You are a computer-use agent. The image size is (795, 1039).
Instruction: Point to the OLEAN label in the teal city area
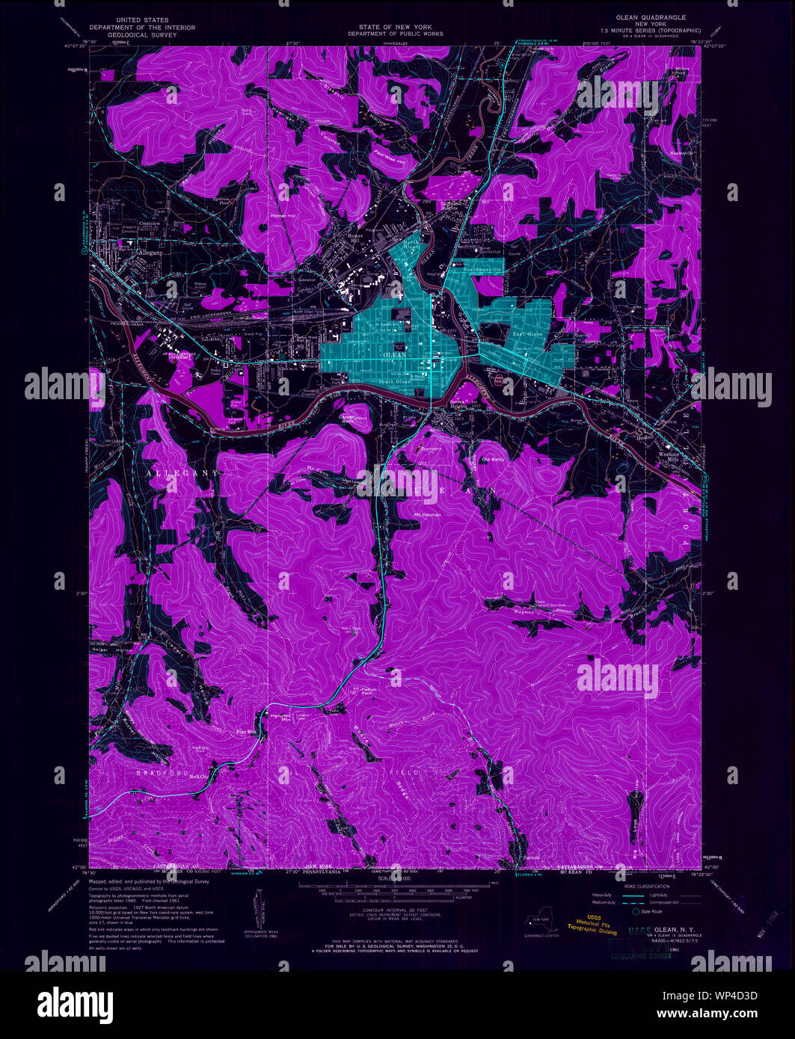click(394, 355)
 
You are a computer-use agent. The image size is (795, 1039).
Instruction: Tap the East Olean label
click(527, 334)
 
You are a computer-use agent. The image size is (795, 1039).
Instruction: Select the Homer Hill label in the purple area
click(286, 217)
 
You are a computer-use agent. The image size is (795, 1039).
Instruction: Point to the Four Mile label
click(246, 731)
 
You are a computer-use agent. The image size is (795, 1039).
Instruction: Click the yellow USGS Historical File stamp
click(592, 926)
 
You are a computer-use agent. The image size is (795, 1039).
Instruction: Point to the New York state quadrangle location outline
click(541, 920)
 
